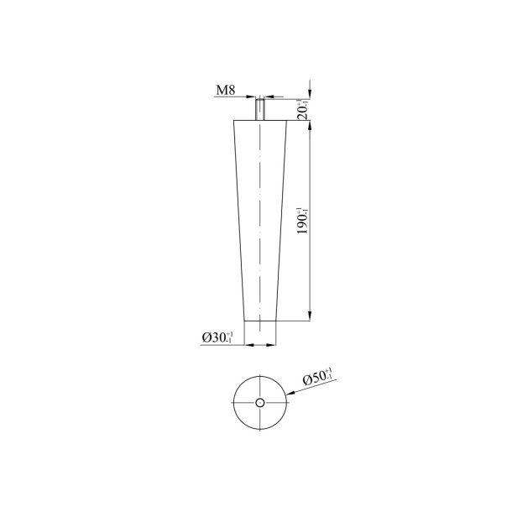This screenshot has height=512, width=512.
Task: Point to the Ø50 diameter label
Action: click(x=317, y=379)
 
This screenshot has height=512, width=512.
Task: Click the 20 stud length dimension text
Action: click(x=303, y=109)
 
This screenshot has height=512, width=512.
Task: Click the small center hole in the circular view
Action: click(x=260, y=404)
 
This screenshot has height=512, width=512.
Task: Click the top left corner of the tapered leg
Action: click(x=234, y=120)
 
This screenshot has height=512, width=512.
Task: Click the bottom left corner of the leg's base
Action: click(x=245, y=321)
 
